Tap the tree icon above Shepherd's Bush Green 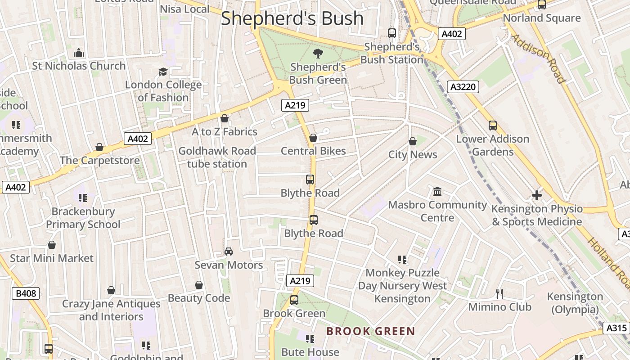(318, 54)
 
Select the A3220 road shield (463, 86)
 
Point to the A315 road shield (616, 328)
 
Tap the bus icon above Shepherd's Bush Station (392, 33)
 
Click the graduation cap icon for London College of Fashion (163, 72)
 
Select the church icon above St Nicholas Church (79, 53)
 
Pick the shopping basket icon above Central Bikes (313, 138)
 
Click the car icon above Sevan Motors (229, 252)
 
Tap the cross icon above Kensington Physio (536, 195)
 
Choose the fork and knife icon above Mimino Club (499, 294)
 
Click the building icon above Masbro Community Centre (437, 192)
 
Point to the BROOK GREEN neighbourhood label (370, 332)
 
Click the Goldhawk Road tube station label (217, 157)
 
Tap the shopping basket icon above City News (413, 142)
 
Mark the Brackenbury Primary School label (83, 218)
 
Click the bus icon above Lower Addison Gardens (493, 126)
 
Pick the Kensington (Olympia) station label (575, 303)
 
